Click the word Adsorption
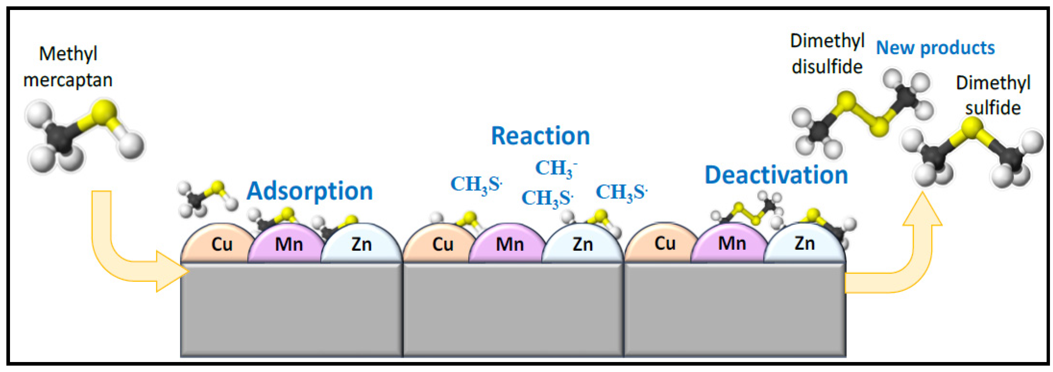click(310, 191)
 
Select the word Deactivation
click(776, 175)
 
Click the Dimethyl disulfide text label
click(827, 54)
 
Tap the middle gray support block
click(513, 310)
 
